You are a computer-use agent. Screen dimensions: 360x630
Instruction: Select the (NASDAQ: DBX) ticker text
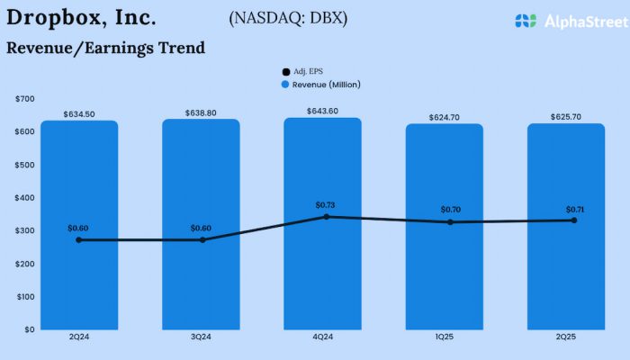pyautogui.click(x=288, y=18)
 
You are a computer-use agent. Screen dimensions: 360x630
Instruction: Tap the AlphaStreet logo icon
pyautogui.click(x=526, y=20)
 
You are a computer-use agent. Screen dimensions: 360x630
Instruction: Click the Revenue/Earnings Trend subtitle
pyautogui.click(x=105, y=48)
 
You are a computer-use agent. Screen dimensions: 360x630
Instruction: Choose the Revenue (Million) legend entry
pyautogui.click(x=319, y=84)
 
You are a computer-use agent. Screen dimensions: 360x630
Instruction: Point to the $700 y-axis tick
pyautogui.click(x=24, y=98)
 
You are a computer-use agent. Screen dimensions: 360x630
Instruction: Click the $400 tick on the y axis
pyautogui.click(x=24, y=197)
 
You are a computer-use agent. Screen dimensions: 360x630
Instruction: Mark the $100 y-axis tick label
pyautogui.click(x=24, y=296)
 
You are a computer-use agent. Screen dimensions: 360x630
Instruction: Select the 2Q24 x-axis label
pyautogui.click(x=79, y=337)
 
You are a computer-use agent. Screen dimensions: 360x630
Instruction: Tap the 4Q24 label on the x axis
pyautogui.click(x=322, y=337)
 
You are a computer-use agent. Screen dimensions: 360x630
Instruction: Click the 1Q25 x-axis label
pyautogui.click(x=444, y=337)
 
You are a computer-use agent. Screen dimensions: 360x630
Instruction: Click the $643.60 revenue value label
pyautogui.click(x=322, y=111)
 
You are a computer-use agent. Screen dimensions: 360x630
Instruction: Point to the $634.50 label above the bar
pyautogui.click(x=79, y=114)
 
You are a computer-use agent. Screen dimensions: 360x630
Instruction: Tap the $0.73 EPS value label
pyautogui.click(x=325, y=205)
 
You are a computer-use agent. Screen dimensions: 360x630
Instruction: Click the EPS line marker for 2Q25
pyautogui.click(x=573, y=220)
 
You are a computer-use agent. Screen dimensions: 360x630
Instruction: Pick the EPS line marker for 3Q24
pyautogui.click(x=202, y=239)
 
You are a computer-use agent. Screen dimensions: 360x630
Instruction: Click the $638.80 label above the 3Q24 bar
pyautogui.click(x=201, y=112)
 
